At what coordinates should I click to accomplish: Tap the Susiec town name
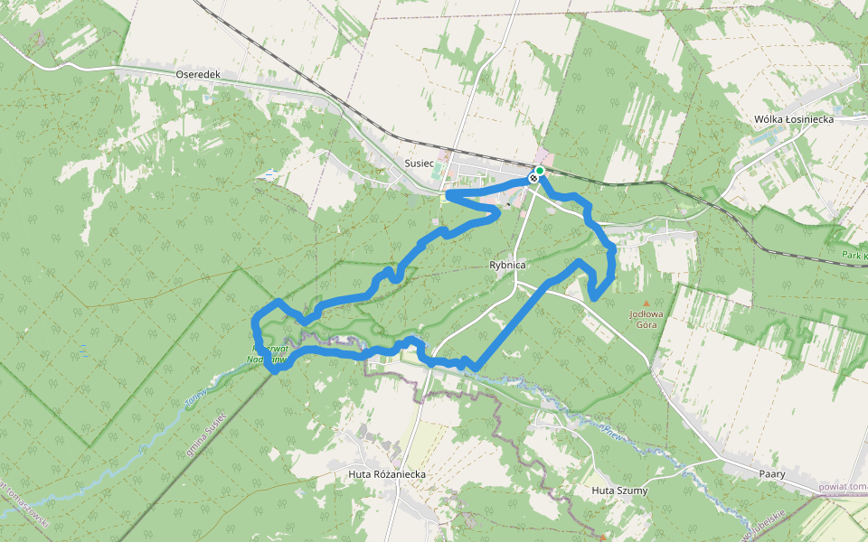click(420, 164)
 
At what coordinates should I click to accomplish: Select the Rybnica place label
click(507, 266)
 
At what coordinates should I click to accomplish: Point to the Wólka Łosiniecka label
click(793, 119)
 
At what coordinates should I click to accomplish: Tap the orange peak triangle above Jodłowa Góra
click(646, 304)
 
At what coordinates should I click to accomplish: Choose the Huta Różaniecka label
click(386, 473)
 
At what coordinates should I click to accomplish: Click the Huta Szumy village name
click(619, 491)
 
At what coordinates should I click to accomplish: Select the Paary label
click(772, 473)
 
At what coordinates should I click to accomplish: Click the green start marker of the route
click(540, 170)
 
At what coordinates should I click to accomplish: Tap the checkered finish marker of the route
click(533, 178)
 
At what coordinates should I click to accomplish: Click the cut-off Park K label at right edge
click(854, 256)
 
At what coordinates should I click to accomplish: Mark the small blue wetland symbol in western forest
click(84, 349)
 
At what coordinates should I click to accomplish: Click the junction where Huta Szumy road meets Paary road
click(724, 460)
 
